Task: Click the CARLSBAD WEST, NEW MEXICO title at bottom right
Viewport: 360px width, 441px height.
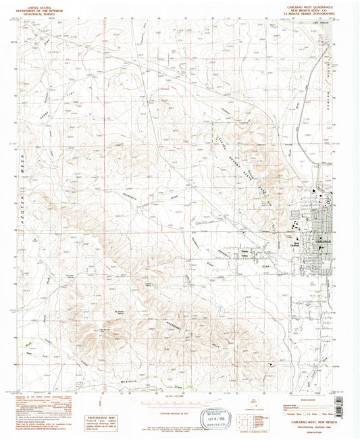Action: click(307, 421)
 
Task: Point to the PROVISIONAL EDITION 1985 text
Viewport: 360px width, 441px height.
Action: click(307, 425)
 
